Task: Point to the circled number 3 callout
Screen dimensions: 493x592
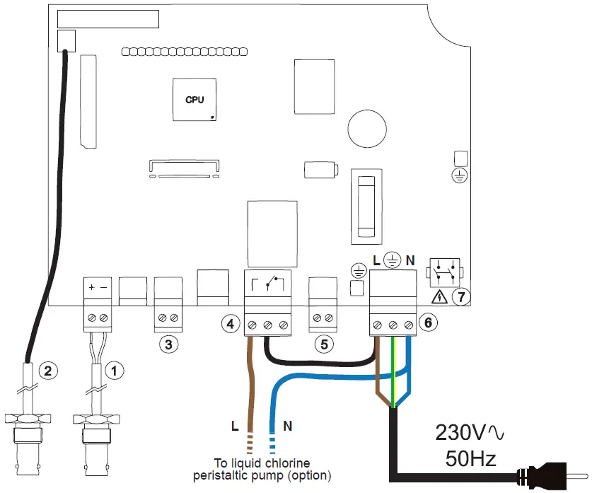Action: pos(168,344)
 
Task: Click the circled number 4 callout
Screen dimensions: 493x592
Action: pos(230,324)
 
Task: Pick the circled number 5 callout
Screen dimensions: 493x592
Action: pos(324,344)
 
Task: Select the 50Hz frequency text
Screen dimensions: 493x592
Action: pos(471,459)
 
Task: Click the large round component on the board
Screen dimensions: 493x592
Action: pos(367,128)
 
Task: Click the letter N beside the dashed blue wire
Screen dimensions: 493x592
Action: pos(287,427)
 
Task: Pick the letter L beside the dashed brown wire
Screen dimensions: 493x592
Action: pos(235,427)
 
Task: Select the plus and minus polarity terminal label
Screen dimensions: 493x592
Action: pos(97,288)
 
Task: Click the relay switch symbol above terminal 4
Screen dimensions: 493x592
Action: pos(267,284)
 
